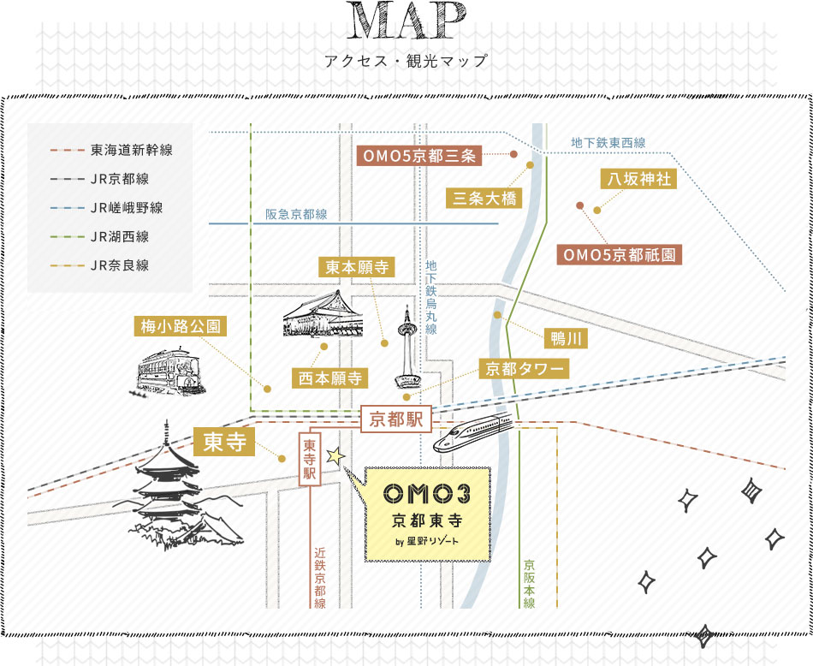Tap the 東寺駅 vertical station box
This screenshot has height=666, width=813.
pos(310,460)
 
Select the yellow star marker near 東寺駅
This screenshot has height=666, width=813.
pos(335,457)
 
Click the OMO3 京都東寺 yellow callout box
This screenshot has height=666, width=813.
pos(427,514)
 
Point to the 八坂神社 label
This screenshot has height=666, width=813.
pos(638,179)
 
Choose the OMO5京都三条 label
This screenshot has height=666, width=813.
pos(419,156)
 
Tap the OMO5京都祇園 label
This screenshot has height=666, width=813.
pos(620,254)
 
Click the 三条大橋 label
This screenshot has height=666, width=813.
pos(484,199)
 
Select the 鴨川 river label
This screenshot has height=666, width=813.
pos(567,339)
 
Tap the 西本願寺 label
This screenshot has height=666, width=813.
pos(330,377)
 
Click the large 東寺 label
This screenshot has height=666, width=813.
pos(225,441)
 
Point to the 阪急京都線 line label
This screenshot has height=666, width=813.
pos(296,215)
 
